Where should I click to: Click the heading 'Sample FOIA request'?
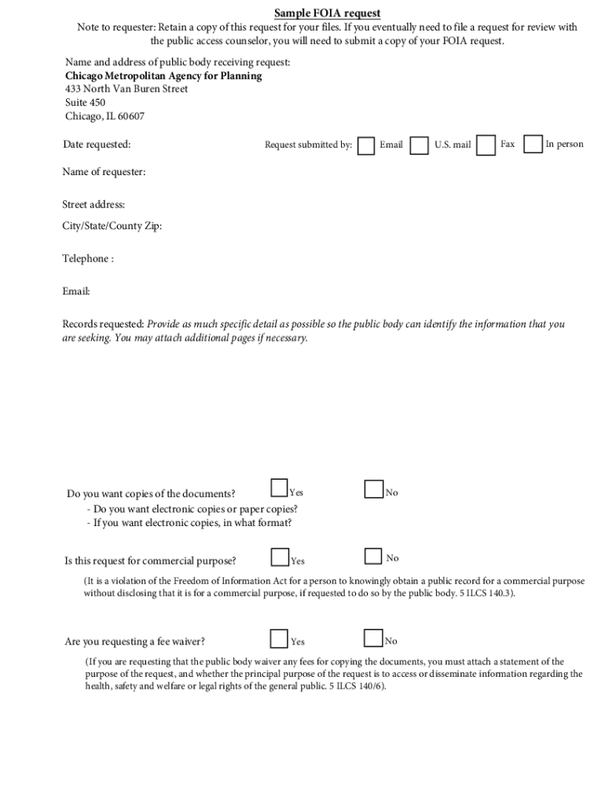(327, 13)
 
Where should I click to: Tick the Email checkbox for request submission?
(366, 146)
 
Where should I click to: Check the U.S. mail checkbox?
(420, 146)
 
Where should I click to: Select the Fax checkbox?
(487, 145)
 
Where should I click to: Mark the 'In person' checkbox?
(533, 144)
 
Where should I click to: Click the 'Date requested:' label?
(97, 144)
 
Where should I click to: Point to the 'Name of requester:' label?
(104, 172)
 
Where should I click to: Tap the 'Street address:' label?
(93, 205)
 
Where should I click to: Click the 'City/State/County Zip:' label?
(112, 226)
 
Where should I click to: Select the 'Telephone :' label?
(88, 259)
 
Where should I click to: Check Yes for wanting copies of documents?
(279, 488)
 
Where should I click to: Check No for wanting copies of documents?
(373, 489)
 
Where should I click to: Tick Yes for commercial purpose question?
(280, 557)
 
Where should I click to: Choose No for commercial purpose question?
(373, 557)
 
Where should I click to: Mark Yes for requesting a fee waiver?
(279, 638)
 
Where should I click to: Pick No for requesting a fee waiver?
(373, 638)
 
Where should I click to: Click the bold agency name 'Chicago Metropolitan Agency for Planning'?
(163, 76)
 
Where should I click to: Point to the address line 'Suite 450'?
(85, 103)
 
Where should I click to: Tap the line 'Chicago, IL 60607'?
(104, 117)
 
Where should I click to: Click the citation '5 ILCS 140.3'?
(486, 594)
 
